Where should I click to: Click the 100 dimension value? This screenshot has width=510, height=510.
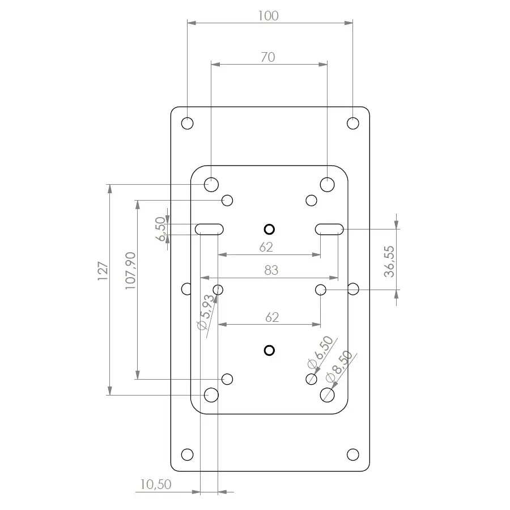pyautogui.click(x=268, y=16)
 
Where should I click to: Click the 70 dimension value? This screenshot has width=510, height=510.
pyautogui.click(x=268, y=57)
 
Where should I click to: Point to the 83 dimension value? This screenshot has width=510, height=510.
pyautogui.click(x=271, y=271)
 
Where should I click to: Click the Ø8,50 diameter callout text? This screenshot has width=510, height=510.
pyautogui.click(x=339, y=365)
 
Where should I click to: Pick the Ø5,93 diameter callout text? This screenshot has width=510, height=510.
pyautogui.click(x=205, y=312)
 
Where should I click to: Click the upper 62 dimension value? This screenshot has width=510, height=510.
pyautogui.click(x=266, y=247)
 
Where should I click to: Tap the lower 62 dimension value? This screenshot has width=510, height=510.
pyautogui.click(x=272, y=317)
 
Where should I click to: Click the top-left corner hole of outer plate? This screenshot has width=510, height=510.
pyautogui.click(x=187, y=123)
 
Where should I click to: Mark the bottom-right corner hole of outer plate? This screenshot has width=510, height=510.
pyautogui.click(x=352, y=454)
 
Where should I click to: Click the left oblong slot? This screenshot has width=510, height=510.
pyautogui.click(x=210, y=228)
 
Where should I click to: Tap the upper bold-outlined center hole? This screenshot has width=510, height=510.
pyautogui.click(x=269, y=229)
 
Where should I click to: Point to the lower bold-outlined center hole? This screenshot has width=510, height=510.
pyautogui.click(x=269, y=350)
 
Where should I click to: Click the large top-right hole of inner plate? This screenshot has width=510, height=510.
pyautogui.click(x=327, y=184)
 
